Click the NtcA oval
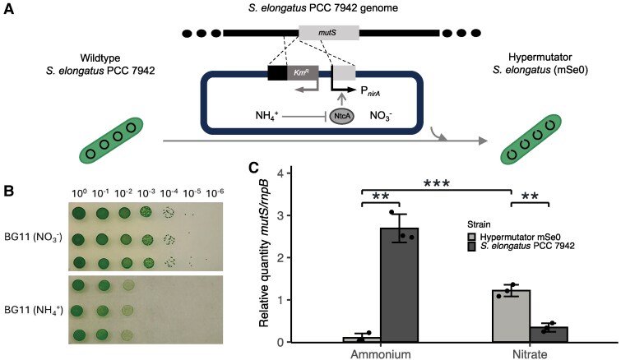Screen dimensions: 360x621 [x=341, y=117]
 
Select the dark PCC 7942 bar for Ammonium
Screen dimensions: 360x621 [x=398, y=284]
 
